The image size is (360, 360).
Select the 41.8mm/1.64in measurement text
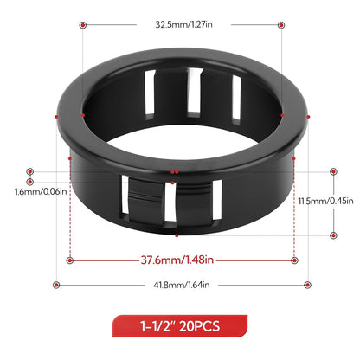click(x=180, y=285)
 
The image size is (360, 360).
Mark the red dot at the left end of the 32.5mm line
click(x=83, y=25)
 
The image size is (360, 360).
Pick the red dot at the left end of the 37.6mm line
click(x=69, y=259)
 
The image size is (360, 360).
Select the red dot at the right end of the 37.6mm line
click(x=294, y=259)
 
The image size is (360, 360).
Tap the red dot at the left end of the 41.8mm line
click(x=56, y=285)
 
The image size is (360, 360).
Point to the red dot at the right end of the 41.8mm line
click(x=307, y=285)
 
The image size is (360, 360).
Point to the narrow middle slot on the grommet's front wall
click(x=177, y=203)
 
